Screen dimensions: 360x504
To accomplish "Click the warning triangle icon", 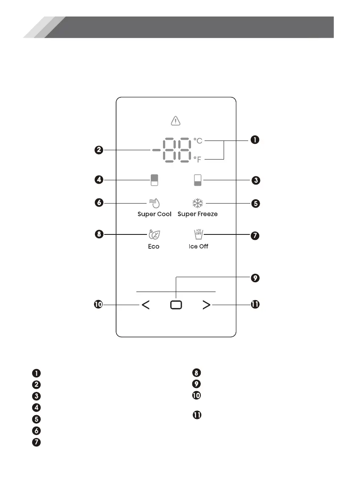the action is coord(175,121).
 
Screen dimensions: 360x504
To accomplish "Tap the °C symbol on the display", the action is coord(198,140).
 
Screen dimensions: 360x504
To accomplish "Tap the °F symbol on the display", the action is coord(198,160).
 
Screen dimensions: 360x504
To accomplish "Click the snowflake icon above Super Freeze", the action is coord(197,203).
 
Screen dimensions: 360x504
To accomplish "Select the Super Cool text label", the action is coord(155,214).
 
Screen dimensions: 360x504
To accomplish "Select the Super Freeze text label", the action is coord(197,214).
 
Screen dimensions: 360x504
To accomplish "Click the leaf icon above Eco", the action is coord(153,234).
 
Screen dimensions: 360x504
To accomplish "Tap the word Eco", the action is coord(153,246).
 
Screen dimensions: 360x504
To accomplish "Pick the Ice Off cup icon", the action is coord(198,234).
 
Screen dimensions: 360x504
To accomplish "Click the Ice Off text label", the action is coord(198,246).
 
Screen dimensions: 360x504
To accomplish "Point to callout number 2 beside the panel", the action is coord(98,150).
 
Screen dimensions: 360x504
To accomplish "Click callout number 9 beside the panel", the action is coord(254,278).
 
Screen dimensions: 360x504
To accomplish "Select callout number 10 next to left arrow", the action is coord(98,305).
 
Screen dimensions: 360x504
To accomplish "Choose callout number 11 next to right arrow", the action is coord(255,305).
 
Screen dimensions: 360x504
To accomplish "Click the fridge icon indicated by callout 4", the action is coord(154,180).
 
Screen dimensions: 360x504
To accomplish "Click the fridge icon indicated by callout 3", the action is coord(198,180).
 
